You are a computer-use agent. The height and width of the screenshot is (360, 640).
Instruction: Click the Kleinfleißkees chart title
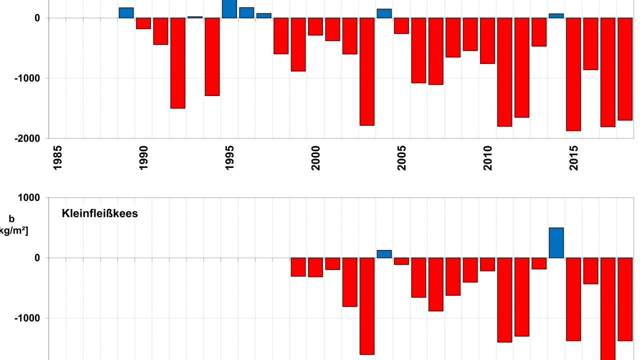tap(100, 213)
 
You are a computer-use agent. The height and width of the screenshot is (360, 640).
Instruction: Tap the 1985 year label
tap(57, 157)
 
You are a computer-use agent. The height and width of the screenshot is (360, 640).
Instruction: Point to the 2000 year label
tap(315, 157)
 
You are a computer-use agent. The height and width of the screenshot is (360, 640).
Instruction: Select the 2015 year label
tap(573, 157)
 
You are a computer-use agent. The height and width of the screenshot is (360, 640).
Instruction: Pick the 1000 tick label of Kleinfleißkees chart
tap(28, 198)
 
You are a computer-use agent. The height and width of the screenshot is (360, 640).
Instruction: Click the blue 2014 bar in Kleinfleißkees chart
tap(556, 243)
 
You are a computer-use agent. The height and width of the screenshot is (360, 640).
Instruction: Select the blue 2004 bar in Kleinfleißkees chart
tap(384, 254)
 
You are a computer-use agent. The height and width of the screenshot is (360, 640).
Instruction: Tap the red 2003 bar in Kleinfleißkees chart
tap(367, 306)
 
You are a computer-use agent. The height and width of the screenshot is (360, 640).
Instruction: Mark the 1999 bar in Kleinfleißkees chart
tap(298, 267)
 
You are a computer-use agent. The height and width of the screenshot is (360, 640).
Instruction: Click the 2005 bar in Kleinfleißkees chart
tap(401, 261)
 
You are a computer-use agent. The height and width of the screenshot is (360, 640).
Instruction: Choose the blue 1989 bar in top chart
tap(126, 13)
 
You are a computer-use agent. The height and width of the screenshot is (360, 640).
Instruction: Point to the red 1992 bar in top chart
tap(177, 63)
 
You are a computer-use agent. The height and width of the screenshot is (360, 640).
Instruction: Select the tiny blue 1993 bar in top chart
tap(195, 17)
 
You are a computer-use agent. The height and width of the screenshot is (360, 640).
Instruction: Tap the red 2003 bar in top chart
tap(367, 71)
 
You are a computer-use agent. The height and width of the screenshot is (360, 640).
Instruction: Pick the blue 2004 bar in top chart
tap(384, 13)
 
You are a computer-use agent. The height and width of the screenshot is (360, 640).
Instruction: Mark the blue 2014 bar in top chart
tap(556, 16)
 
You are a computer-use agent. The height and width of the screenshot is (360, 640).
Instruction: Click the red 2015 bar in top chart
tap(573, 74)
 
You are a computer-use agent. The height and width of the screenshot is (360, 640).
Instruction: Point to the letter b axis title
tap(11, 219)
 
